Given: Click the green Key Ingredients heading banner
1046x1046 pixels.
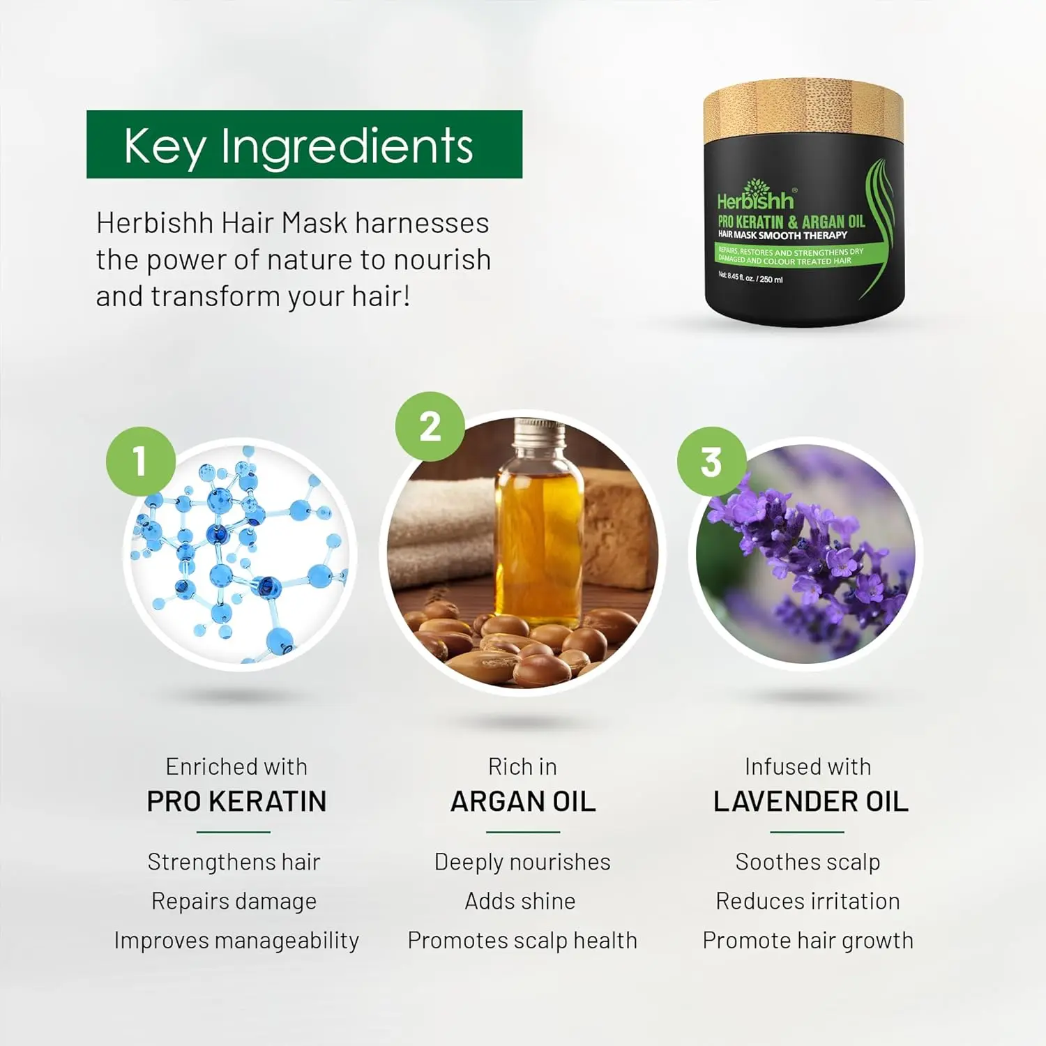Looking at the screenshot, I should pos(304,144).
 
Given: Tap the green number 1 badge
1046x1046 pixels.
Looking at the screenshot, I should pos(140,461).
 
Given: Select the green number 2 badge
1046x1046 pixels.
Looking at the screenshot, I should pos(430,426).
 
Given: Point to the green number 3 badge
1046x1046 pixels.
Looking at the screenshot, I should pos(711,462).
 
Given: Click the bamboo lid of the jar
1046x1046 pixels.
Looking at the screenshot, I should pos(803,112).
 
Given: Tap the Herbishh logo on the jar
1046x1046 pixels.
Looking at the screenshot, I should pos(755,198).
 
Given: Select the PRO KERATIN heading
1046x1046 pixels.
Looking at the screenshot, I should pos(236,802).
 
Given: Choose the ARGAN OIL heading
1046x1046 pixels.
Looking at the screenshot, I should pos(523,802).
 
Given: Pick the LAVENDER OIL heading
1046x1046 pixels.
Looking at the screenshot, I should pos(810,802).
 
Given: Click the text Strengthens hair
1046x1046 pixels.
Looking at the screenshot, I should pos(234,862).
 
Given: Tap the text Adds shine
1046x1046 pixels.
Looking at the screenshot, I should pos(520,901).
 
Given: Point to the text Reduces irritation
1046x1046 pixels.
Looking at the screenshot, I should pos(808,901).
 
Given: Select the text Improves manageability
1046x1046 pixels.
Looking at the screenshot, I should pos(236,941).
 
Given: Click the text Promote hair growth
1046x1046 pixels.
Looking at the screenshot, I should pos(808,941).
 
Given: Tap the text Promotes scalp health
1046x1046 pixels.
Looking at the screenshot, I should pos(522,941).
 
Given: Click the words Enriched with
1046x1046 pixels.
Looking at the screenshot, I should pos(236,767).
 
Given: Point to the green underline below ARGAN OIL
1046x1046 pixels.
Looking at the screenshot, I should pos(523,832).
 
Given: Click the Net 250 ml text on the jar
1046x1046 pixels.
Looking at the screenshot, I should pos(750,278).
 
